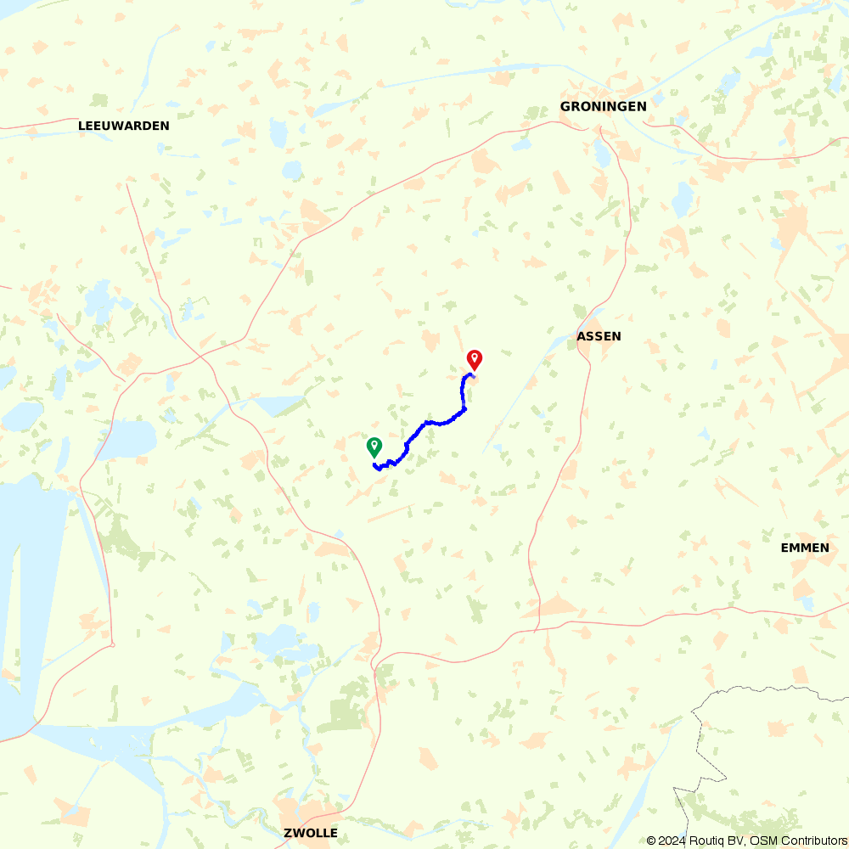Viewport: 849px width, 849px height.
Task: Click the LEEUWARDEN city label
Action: pyautogui.click(x=124, y=126)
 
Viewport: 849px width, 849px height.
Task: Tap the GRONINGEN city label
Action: pyautogui.click(x=603, y=106)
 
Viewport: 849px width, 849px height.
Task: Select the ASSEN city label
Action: pyautogui.click(x=599, y=336)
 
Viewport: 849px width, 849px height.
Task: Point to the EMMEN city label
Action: pyautogui.click(x=805, y=548)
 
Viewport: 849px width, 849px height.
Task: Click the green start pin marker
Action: pyautogui.click(x=374, y=446)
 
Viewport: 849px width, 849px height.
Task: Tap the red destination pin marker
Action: pyautogui.click(x=475, y=359)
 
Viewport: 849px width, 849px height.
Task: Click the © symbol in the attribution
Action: pyautogui.click(x=651, y=841)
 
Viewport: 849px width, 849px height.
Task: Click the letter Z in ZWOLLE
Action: pyautogui.click(x=288, y=833)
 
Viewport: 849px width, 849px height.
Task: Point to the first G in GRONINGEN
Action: pyautogui.click(x=565, y=106)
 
